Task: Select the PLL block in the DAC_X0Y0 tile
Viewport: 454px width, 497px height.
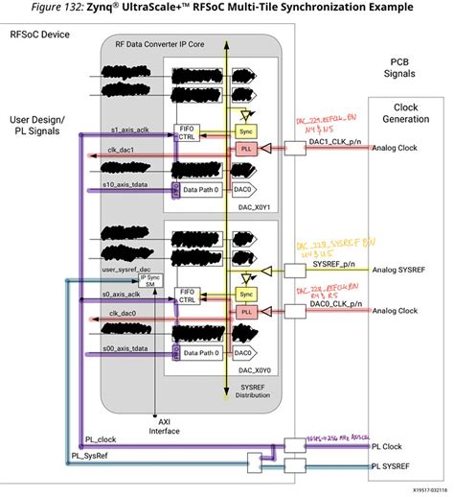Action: (x=245, y=311)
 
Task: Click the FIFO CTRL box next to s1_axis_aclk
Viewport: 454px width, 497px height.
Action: (x=187, y=132)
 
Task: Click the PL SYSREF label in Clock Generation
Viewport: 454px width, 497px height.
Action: (x=408, y=463)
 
